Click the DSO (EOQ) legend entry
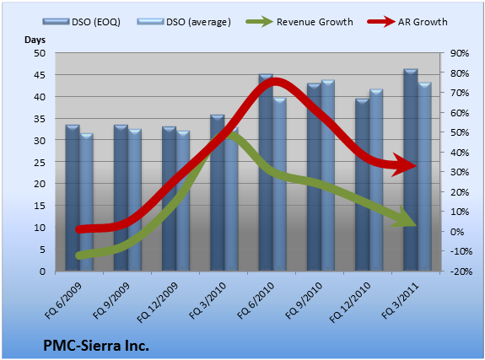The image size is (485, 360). (81, 22)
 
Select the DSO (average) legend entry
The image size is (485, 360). (184, 22)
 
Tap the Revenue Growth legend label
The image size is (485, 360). (315, 22)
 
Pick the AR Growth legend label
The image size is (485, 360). (423, 22)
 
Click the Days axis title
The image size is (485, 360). (35, 40)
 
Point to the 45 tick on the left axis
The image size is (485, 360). (40, 75)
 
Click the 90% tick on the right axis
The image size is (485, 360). (460, 53)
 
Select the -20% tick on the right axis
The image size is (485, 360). (461, 271)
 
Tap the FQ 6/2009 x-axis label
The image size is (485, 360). (63, 301)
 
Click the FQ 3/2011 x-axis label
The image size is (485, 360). (400, 301)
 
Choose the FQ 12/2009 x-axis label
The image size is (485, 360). (158, 303)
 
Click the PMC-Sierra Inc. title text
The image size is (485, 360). (96, 346)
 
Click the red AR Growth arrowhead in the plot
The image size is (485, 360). (405, 165)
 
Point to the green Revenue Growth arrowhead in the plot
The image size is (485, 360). (404, 218)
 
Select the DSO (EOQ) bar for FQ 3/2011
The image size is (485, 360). (411, 170)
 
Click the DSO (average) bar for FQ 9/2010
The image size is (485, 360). (328, 175)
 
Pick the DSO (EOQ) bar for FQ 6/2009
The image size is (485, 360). (73, 198)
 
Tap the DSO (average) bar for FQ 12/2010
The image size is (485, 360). (376, 180)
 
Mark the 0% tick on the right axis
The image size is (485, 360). (457, 232)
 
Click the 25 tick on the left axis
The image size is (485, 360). (40, 163)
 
